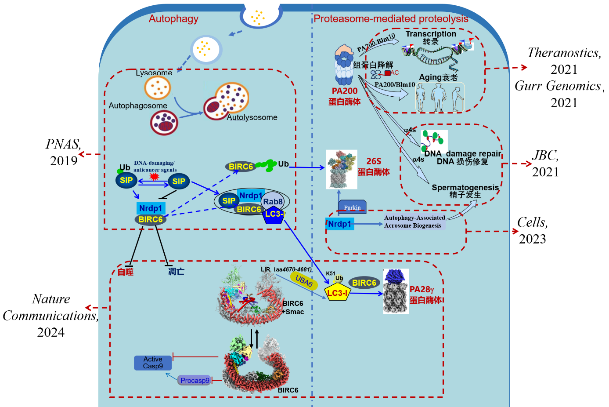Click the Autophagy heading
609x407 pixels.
(173, 19)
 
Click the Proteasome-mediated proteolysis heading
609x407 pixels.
(391, 19)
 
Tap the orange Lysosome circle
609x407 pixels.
(157, 88)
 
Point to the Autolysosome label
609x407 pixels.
(252, 117)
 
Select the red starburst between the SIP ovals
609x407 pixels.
(154, 176)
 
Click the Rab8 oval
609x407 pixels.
(273, 201)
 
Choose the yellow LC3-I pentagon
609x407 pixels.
(337, 293)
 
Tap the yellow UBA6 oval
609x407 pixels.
(304, 280)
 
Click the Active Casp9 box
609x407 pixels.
(153, 363)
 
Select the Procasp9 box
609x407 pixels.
(195, 380)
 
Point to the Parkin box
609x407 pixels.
(352, 207)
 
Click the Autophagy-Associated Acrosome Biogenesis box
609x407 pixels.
(414, 222)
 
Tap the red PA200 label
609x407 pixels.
(345, 91)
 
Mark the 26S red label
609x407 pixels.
(374, 161)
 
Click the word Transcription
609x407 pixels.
(431, 34)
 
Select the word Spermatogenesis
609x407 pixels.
(465, 188)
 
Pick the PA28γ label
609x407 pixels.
(422, 289)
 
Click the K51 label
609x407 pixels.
(331, 273)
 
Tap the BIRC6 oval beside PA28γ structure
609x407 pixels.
(364, 283)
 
